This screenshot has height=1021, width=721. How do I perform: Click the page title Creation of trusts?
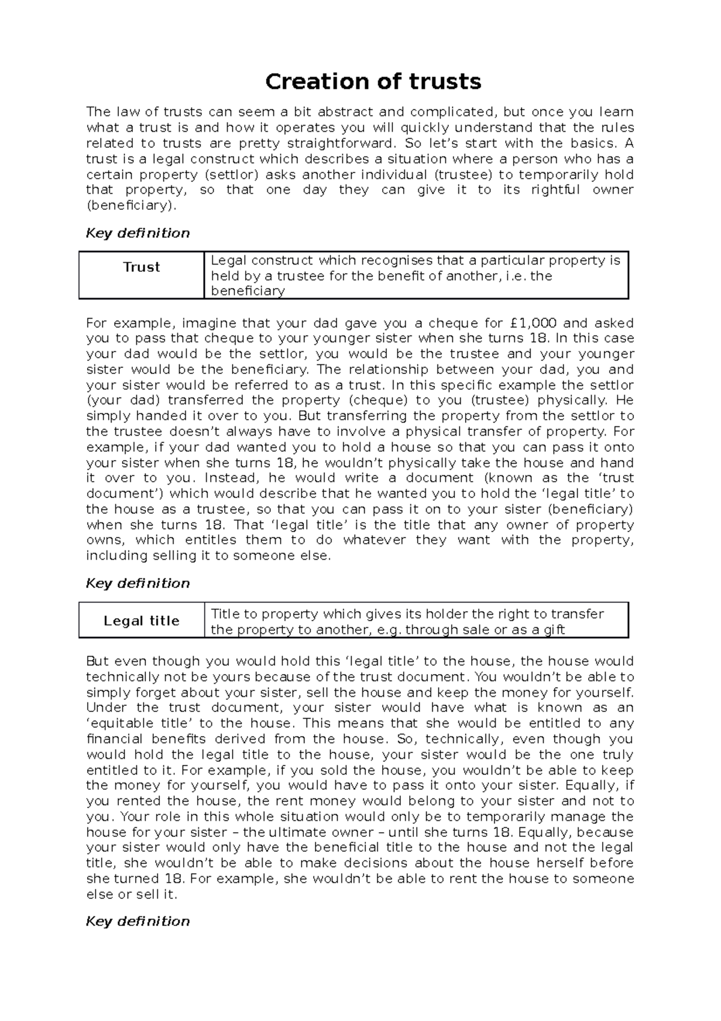point(373,81)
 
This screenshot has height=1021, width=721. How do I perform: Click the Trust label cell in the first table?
point(141,267)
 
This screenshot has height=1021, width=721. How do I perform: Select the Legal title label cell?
point(141,621)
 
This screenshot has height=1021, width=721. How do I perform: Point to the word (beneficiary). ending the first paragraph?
point(132,206)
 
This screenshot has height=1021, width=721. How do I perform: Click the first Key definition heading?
point(138,233)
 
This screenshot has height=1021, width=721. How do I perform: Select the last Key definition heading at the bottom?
point(138,921)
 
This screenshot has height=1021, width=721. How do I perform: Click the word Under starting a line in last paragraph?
point(105,708)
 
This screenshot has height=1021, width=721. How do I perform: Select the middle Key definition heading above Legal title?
point(138,583)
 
